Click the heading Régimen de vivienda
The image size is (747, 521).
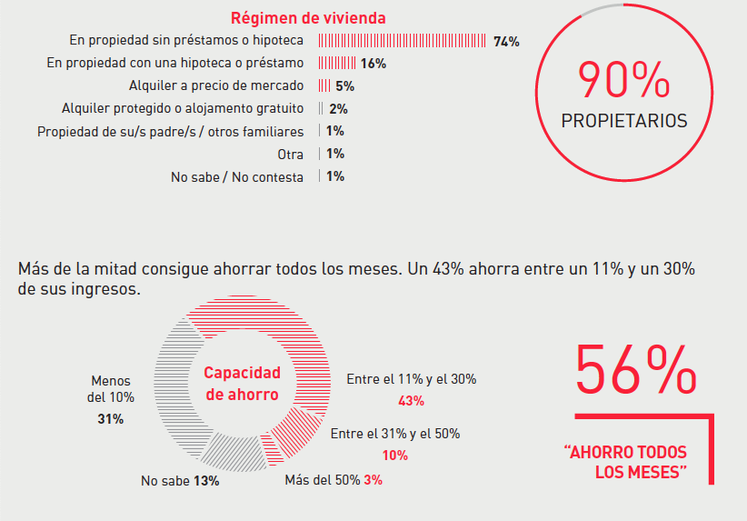point(308,18)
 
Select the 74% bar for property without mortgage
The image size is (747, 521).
point(402,42)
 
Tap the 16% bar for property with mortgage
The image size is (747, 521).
point(336,64)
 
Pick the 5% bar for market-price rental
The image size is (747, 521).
point(324,86)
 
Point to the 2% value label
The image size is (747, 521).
point(338,109)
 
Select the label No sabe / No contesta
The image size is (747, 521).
point(237,177)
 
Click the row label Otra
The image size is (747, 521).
point(291,155)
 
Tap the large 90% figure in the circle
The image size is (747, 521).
point(623,82)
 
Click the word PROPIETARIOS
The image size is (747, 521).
point(624,121)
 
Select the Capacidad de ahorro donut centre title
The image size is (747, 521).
point(242,384)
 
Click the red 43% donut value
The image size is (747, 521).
point(412,401)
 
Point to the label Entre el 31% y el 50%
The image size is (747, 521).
point(394,434)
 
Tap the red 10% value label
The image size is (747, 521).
point(395,456)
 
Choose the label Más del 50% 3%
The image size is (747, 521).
point(333,480)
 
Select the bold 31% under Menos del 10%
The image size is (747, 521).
point(111,419)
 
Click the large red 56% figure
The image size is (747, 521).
point(636,370)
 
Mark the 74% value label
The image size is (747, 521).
point(506,42)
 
